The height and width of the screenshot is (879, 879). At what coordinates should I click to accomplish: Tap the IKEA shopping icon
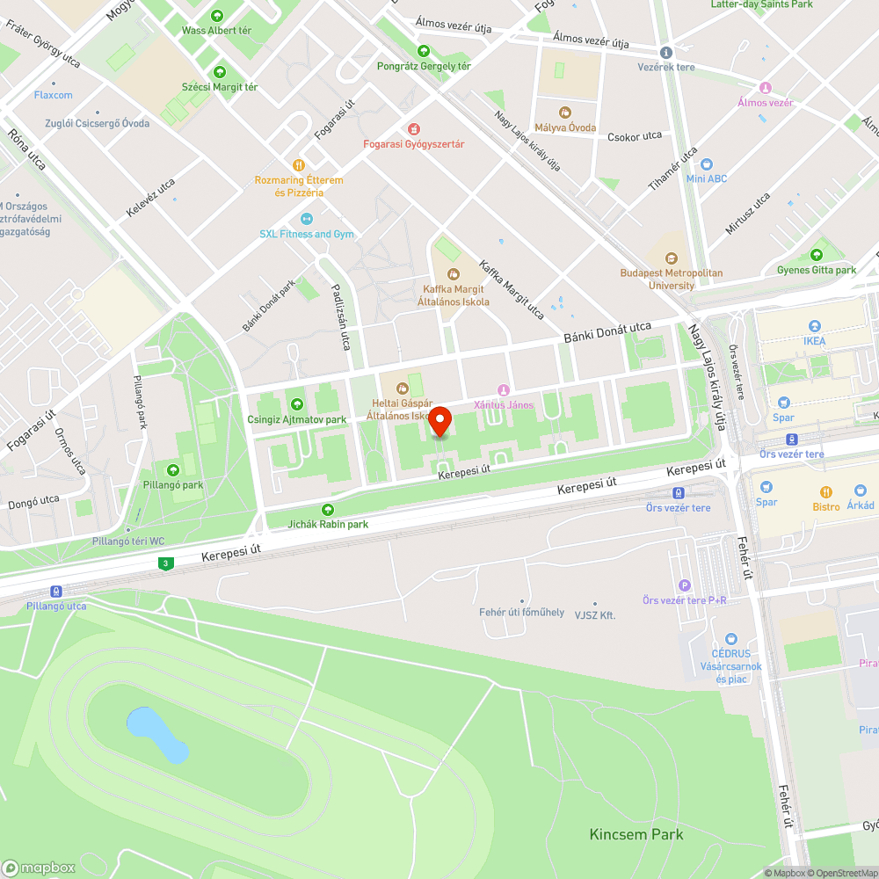point(813,325)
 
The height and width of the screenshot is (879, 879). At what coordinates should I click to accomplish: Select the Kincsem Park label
point(636,833)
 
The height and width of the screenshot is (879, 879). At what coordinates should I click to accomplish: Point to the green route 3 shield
point(164,563)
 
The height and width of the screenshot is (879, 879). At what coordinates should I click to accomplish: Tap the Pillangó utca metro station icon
point(55,592)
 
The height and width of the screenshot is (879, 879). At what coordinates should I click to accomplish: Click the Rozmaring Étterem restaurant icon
point(299,164)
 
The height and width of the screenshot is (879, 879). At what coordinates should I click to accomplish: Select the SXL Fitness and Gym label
point(307,234)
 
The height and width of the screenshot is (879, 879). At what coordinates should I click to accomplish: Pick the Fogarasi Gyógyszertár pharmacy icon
point(414,128)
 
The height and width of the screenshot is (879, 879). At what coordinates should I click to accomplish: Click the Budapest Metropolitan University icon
point(672,258)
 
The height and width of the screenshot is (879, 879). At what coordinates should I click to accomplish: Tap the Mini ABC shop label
point(707,178)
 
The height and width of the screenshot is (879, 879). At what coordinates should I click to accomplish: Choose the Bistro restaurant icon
point(825,491)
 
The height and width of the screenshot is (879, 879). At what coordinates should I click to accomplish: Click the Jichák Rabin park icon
point(328,509)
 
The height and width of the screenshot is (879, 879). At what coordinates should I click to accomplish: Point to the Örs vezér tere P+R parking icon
point(685,585)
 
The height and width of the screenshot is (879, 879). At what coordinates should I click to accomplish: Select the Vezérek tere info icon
point(665,53)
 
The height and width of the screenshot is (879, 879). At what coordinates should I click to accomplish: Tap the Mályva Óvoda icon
point(564,113)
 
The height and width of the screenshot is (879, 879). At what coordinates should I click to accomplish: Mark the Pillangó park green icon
point(173,470)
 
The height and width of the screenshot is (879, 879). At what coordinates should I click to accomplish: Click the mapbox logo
point(40,868)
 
